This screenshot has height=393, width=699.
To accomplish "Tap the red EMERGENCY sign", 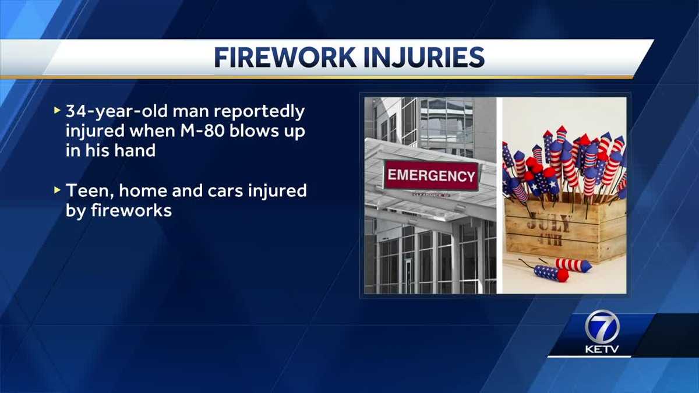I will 430,175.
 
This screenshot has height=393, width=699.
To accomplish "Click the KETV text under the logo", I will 601,350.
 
